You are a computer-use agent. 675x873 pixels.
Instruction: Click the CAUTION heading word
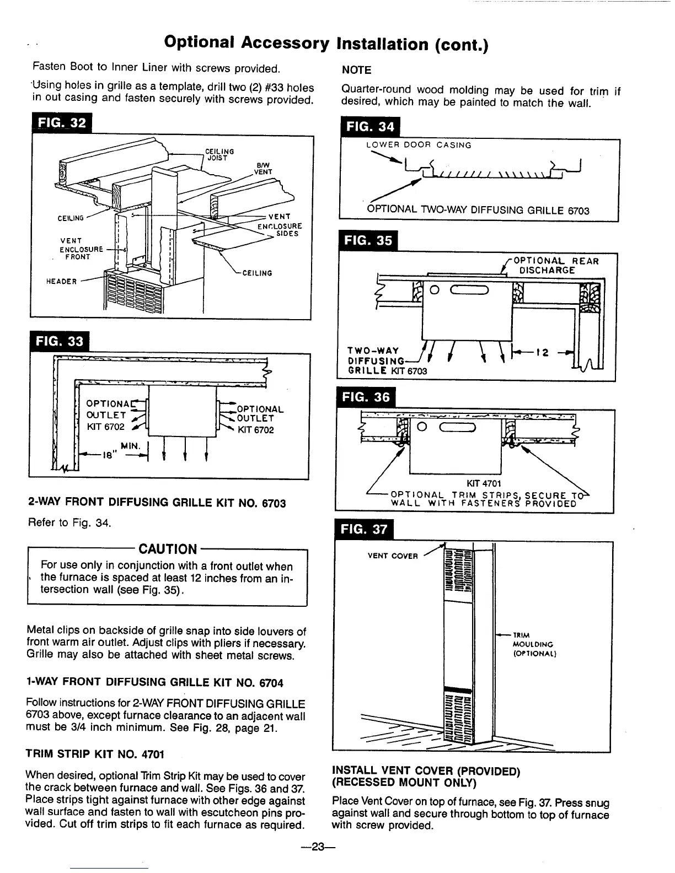(x=168, y=549)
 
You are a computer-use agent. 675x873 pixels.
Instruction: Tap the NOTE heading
(x=356, y=70)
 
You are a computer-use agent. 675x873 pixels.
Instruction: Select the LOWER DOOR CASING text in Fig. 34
(x=419, y=145)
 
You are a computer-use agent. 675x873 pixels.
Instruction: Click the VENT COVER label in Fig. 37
(x=393, y=556)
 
